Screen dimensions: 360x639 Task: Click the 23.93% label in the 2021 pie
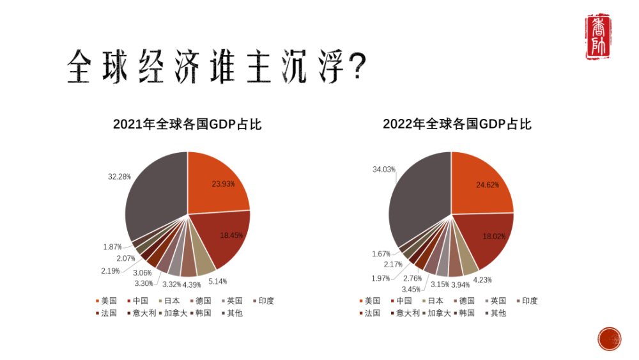click(x=223, y=184)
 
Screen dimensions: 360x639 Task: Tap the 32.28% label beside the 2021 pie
click(x=119, y=175)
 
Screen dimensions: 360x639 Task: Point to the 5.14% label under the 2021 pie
click(x=217, y=281)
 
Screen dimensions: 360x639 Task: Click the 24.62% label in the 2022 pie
click(x=487, y=185)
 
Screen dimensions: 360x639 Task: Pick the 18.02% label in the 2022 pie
click(x=494, y=236)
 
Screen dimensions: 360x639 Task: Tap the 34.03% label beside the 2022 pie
click(x=384, y=169)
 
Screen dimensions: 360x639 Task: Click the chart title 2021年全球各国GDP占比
click(x=187, y=124)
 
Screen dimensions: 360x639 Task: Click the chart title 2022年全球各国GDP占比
click(x=457, y=124)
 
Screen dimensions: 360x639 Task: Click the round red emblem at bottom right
click(x=610, y=338)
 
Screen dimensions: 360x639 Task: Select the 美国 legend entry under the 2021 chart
click(x=106, y=301)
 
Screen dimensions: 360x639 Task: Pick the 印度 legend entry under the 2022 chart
click(x=527, y=301)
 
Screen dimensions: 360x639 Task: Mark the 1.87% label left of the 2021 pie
click(x=113, y=247)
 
